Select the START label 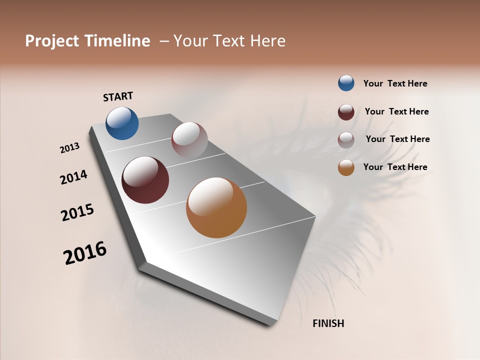(x=118, y=96)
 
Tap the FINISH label (x=328, y=323)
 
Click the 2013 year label (x=69, y=148)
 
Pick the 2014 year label (x=73, y=177)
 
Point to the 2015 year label (x=77, y=212)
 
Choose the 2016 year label (x=85, y=252)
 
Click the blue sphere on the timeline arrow (x=122, y=123)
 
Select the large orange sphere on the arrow (x=216, y=207)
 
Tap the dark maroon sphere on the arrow (x=145, y=180)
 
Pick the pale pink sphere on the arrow (x=189, y=140)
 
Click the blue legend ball (x=346, y=83)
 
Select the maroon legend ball (x=346, y=112)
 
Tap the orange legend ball (x=346, y=167)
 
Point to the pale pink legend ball (x=346, y=140)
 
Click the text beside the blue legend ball (x=395, y=83)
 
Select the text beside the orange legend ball (x=395, y=167)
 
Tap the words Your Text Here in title (x=229, y=41)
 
